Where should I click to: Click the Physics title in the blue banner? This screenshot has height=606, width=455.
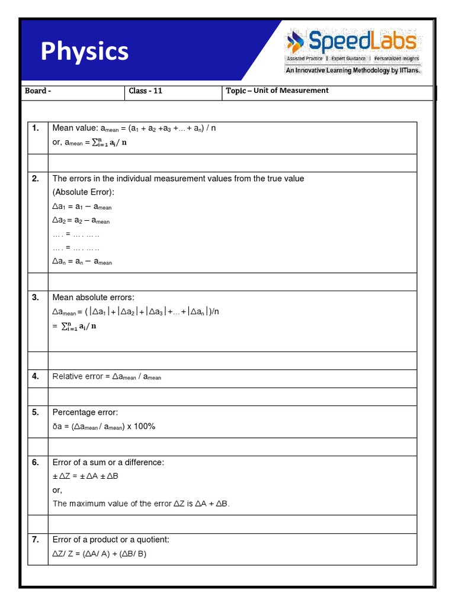coord(84,51)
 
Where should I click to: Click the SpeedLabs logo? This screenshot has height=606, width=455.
coord(353,43)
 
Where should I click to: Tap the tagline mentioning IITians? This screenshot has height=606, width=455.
coord(353,70)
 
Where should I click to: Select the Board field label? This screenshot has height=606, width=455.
coord(38,91)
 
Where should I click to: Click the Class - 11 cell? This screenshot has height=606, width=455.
coord(146,91)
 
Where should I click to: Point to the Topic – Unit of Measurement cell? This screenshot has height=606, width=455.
coord(277,91)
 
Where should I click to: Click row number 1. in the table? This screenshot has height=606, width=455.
coord(36,128)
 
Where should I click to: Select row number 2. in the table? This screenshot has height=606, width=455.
coord(36,179)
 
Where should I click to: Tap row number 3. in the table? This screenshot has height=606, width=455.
coord(36,297)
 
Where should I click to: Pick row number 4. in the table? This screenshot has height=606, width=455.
coord(36,376)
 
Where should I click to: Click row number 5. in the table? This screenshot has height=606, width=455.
coord(36,412)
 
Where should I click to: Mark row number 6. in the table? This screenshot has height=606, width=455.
coord(36,462)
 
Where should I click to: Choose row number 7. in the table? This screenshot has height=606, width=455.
coord(36,539)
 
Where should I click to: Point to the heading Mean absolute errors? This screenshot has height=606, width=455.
coord(94,297)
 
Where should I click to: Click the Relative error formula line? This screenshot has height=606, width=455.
coord(107,376)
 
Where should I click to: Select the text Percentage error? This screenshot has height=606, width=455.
coord(85,412)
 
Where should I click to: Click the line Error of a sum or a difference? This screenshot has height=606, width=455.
coord(108,462)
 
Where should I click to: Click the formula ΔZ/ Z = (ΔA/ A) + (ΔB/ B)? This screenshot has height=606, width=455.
coord(100,554)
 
